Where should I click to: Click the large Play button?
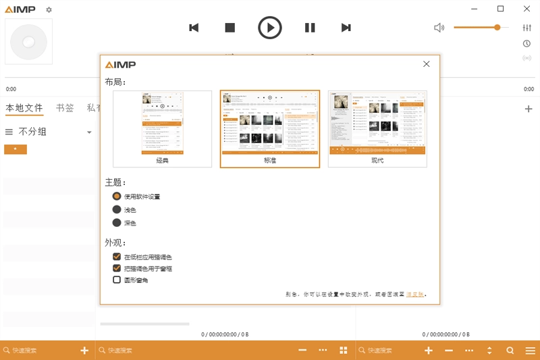pyautogui.click(x=270, y=28)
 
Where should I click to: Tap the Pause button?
pyautogui.click(x=310, y=28)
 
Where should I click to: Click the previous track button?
pyautogui.click(x=194, y=28)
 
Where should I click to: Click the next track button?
pyautogui.click(x=346, y=28)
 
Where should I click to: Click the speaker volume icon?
pyautogui.click(x=439, y=28)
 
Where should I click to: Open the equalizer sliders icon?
pyautogui.click(x=527, y=28)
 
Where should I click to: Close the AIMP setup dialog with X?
pyautogui.click(x=427, y=64)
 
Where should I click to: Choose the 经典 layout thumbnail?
pyautogui.click(x=162, y=129)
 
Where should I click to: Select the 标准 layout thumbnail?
pyautogui.click(x=270, y=129)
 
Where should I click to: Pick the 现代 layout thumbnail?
pyautogui.click(x=377, y=129)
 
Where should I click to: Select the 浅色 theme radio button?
pyautogui.click(x=117, y=209)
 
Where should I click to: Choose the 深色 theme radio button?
pyautogui.click(x=117, y=223)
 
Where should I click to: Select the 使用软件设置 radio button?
pyautogui.click(x=117, y=196)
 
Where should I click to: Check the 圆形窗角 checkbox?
pyautogui.click(x=117, y=280)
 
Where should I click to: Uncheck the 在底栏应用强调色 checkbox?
pyautogui.click(x=117, y=257)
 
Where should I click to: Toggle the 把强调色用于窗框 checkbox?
pyautogui.click(x=117, y=268)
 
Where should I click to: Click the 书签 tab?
pyautogui.click(x=65, y=108)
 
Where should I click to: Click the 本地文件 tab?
pyautogui.click(x=24, y=108)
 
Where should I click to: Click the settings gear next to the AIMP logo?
pyautogui.click(x=49, y=10)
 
